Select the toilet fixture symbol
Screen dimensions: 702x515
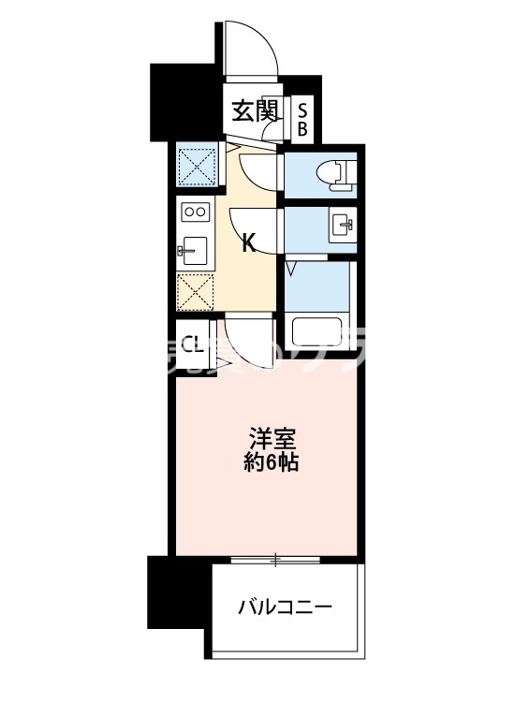point(331,173)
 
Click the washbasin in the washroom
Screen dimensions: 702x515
point(339,225)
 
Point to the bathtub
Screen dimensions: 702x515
point(319,331)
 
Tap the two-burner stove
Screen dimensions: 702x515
point(196,212)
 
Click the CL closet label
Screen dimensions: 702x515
point(192,344)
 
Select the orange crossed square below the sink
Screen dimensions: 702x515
point(196,293)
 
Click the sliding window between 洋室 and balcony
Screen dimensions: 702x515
point(275,560)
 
